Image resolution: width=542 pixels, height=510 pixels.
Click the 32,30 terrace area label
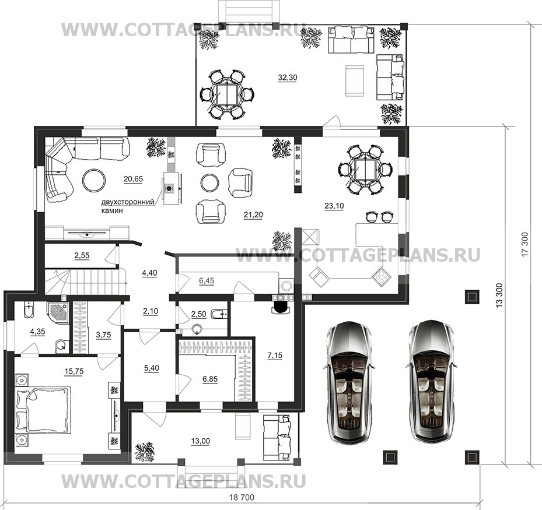(x=288, y=78)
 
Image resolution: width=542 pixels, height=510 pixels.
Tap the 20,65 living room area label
(x=133, y=179)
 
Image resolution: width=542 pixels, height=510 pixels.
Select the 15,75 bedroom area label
(x=74, y=371)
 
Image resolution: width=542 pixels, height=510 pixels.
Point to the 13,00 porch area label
(x=201, y=441)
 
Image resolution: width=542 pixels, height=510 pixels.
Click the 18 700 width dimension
(x=242, y=497)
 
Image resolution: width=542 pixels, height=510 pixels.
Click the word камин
(x=112, y=210)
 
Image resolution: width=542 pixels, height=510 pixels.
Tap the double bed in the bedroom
(x=43, y=410)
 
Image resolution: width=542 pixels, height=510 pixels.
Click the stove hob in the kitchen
(x=380, y=277)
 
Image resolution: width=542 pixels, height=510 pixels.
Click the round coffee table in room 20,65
(x=95, y=180)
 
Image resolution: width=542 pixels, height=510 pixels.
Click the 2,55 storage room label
(x=82, y=255)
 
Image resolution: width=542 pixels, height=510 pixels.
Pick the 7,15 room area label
(x=275, y=355)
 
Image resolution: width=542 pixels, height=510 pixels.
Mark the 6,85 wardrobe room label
(x=210, y=379)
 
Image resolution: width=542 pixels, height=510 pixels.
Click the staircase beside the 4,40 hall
(x=85, y=282)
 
